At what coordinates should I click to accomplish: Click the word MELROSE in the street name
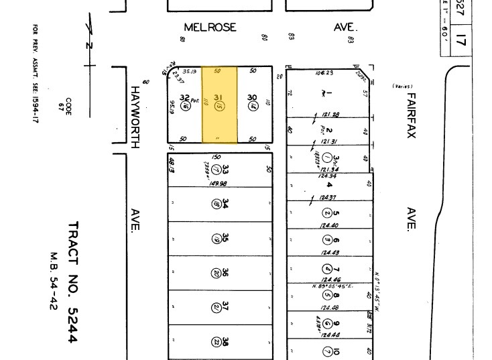coord(210,27)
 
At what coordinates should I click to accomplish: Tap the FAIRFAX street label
coord(411,115)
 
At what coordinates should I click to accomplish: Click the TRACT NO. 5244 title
coord(73,282)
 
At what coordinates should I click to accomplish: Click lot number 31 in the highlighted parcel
coord(218,98)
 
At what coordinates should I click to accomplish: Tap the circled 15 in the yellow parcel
coord(219,107)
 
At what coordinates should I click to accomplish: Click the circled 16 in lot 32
coord(186,106)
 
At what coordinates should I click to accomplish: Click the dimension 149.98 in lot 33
coord(218,184)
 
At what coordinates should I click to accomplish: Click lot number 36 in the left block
coord(226,273)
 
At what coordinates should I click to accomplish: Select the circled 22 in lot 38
coord(217,342)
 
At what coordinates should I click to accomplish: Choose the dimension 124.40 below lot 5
coord(329,226)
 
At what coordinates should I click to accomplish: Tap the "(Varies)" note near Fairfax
coord(402,86)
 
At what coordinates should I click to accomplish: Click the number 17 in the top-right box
coord(460,40)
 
